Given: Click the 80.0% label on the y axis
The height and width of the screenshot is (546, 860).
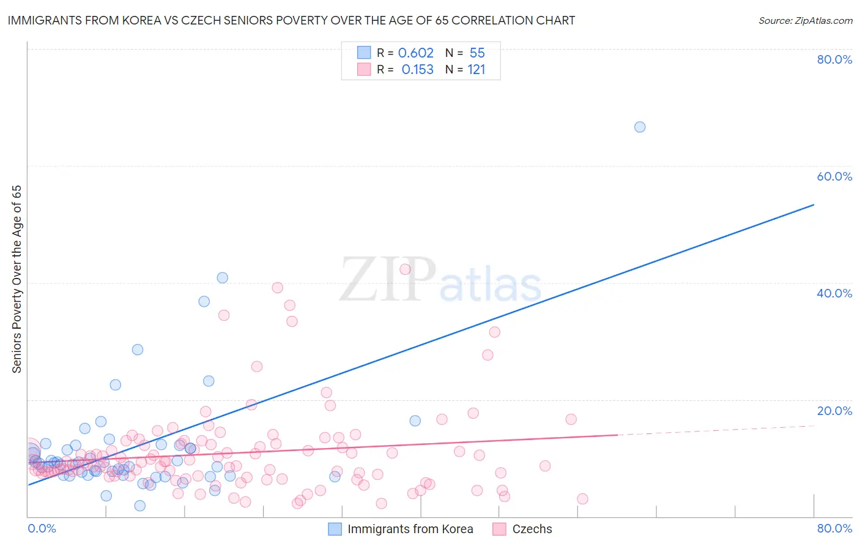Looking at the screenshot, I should (x=834, y=59).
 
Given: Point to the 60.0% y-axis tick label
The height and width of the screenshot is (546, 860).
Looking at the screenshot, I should (x=834, y=176).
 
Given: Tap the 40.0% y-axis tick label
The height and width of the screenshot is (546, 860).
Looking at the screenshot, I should (x=834, y=293).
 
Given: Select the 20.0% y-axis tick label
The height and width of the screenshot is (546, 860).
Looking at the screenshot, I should (x=834, y=411).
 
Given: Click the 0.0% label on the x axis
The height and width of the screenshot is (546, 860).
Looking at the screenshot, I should (x=42, y=529).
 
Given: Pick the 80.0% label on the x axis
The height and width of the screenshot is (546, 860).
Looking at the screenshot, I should (x=834, y=529).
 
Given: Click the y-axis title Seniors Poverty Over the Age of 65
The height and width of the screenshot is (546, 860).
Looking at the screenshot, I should (x=17, y=279).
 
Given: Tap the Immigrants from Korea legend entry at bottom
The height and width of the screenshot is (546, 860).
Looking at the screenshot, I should (x=410, y=529).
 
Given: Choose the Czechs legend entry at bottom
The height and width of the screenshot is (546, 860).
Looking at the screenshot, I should (x=532, y=529).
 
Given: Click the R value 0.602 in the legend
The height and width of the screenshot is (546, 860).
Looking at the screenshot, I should (x=415, y=53).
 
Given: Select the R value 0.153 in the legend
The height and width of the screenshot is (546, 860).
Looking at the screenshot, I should (x=417, y=70).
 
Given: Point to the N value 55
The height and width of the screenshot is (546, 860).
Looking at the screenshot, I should (x=477, y=53).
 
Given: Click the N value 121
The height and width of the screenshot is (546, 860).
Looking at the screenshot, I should (x=476, y=70).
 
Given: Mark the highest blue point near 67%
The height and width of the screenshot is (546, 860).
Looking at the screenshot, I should (x=640, y=127).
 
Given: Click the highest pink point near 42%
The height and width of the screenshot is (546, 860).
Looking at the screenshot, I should (x=405, y=269).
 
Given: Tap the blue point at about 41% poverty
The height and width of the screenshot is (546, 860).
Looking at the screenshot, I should (x=223, y=278).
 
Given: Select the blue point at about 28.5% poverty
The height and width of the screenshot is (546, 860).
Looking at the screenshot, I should (x=138, y=350).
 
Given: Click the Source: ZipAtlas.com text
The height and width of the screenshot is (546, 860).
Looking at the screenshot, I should (x=805, y=21).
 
